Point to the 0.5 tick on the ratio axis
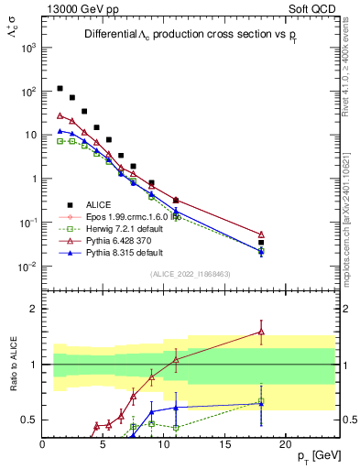(29, 420)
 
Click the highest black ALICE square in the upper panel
(60, 89)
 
